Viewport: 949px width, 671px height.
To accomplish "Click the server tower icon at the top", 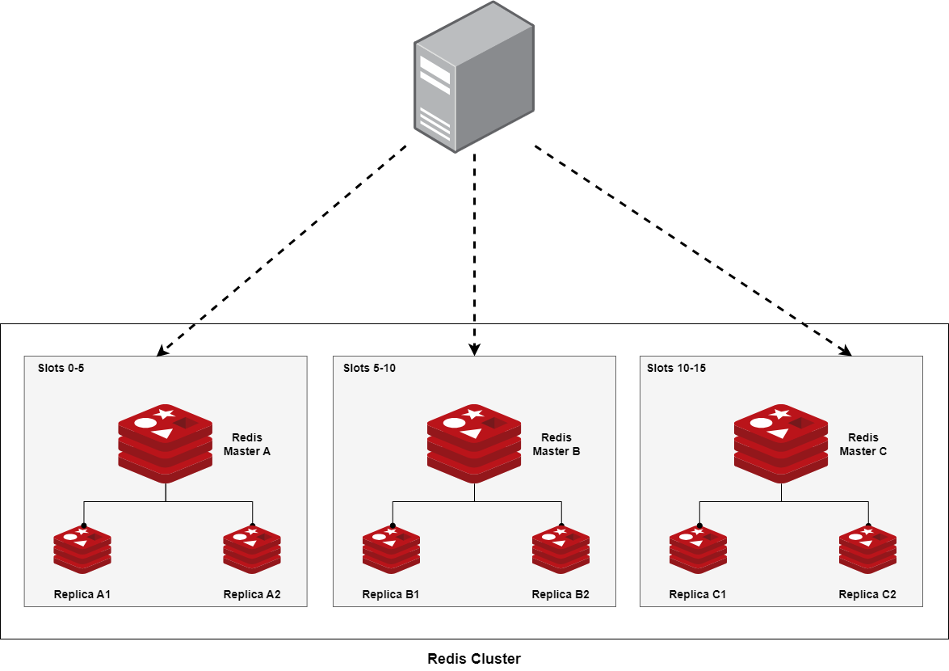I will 474,78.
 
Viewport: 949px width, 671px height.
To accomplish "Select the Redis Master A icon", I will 166,444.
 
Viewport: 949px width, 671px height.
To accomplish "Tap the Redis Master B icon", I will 474,444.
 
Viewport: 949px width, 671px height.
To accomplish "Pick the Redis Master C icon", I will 781,444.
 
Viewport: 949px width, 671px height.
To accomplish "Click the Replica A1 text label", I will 82,594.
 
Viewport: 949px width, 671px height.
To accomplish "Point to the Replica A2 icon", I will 252,550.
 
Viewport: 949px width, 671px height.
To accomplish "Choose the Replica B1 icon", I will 392,550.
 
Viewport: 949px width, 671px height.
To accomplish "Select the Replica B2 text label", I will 561,594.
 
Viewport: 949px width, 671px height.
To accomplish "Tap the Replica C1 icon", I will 699,550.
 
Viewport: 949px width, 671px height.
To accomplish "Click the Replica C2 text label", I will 867,594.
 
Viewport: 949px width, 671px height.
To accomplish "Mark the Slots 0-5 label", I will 61,368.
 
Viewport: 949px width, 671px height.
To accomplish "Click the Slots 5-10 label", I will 370,368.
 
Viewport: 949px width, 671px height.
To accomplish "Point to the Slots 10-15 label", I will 677,368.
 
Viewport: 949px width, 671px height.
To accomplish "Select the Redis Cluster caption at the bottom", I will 474,658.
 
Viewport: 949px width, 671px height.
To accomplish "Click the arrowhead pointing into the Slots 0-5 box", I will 162,351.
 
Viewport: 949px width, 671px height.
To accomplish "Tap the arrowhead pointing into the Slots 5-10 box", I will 475,349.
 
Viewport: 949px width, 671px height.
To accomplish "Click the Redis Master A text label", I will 246,445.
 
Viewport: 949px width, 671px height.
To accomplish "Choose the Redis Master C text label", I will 863,445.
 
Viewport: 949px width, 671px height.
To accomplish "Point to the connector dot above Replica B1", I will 393,526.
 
